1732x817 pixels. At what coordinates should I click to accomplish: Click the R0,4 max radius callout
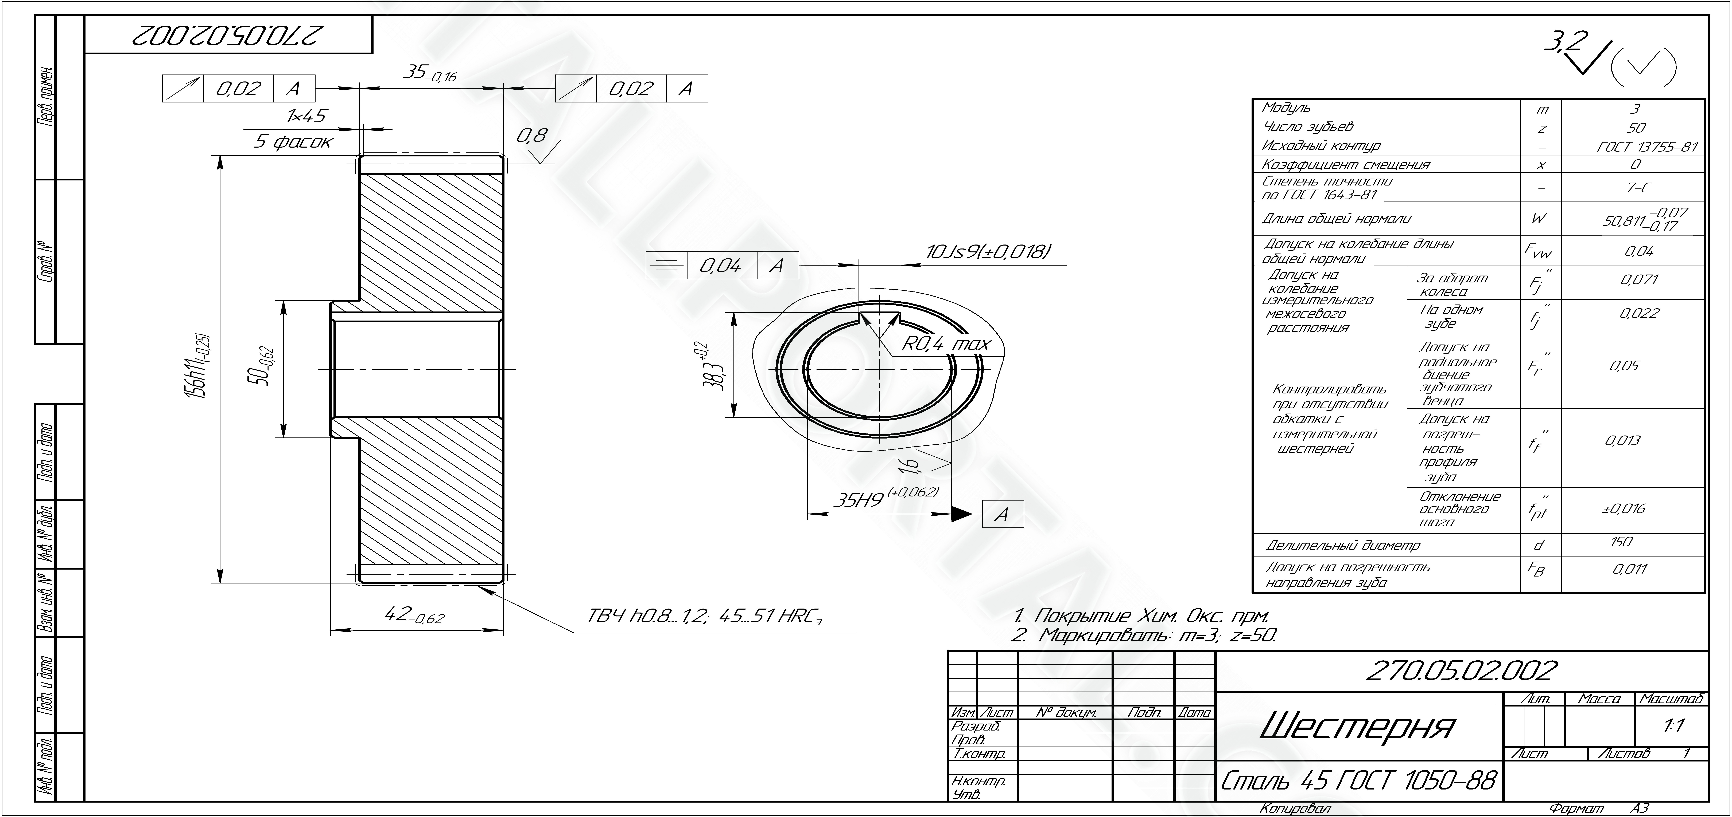click(946, 344)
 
